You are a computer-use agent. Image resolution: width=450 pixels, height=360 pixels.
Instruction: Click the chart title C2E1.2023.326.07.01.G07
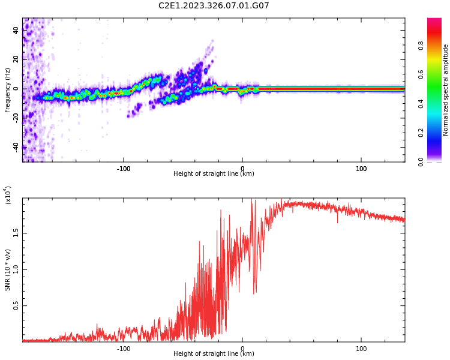[x=214, y=6]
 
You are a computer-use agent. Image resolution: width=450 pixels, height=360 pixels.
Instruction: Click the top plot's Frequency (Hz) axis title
[x=8, y=89]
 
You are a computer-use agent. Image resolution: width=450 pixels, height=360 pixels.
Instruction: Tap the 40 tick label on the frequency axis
[x=16, y=31]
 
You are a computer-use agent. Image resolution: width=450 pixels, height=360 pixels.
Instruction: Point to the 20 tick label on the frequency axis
[x=16, y=59]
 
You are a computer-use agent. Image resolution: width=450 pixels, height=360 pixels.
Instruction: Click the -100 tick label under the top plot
[x=124, y=169]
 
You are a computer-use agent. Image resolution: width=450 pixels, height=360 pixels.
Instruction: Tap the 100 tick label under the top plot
[x=361, y=169]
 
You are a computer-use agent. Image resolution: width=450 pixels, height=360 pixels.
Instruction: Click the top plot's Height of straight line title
[x=214, y=174]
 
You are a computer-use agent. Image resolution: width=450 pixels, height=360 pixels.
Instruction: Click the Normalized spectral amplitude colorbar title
[x=446, y=90]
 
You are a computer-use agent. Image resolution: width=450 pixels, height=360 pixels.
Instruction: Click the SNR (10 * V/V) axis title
[x=8, y=270]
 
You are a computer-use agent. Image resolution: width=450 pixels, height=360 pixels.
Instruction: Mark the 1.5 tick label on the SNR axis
[x=17, y=232]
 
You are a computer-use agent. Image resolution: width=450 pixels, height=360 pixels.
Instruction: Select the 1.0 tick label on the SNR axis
[x=17, y=269]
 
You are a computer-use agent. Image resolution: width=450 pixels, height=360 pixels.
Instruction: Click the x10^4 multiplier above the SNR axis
[x=8, y=195]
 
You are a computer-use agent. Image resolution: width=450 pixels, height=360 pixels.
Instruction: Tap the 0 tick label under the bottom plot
[x=242, y=349]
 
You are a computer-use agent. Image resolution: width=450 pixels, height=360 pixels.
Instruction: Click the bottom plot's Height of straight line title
[x=214, y=354]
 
